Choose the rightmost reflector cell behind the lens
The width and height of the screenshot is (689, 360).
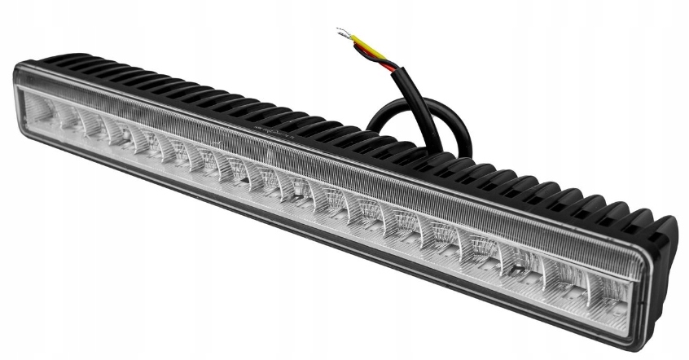607,290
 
